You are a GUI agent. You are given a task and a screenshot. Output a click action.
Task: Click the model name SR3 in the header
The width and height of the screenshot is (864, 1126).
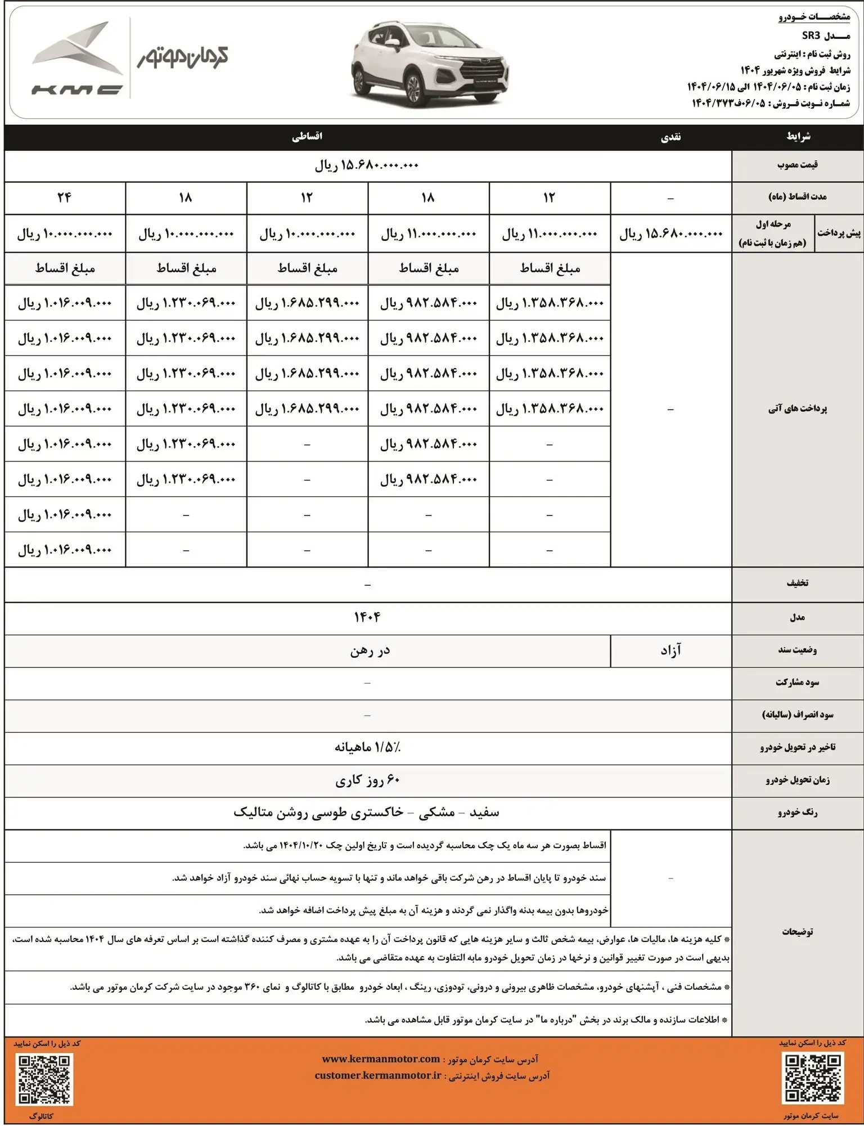click(811, 36)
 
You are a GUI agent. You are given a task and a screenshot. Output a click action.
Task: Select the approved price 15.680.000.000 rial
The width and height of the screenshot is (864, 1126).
click(367, 165)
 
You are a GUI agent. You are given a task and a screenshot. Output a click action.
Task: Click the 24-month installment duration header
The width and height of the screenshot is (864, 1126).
click(64, 198)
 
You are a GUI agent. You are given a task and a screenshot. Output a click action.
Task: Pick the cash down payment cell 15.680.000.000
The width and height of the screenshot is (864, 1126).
click(670, 234)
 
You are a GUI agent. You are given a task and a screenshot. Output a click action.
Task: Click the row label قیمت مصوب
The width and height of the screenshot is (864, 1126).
click(797, 165)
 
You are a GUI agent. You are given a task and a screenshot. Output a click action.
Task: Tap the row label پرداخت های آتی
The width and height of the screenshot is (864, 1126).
click(797, 409)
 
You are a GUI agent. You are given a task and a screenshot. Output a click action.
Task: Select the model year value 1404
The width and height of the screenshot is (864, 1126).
click(367, 617)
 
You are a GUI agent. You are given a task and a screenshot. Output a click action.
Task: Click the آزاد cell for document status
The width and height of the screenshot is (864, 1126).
click(670, 651)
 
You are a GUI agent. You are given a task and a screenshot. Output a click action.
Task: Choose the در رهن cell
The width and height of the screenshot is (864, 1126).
click(370, 651)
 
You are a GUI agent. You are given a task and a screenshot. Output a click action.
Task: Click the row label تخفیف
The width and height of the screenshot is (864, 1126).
click(797, 584)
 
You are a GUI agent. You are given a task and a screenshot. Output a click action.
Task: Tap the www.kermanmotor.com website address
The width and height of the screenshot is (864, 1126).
click(381, 1059)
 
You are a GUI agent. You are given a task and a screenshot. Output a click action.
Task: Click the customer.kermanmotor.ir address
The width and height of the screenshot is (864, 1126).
click(378, 1075)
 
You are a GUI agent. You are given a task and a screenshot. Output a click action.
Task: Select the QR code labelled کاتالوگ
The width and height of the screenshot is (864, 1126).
click(46, 1079)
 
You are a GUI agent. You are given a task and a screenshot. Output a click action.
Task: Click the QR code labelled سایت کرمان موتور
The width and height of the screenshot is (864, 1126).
click(813, 1078)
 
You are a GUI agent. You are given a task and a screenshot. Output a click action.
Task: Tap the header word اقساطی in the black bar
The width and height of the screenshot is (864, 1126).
click(307, 137)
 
